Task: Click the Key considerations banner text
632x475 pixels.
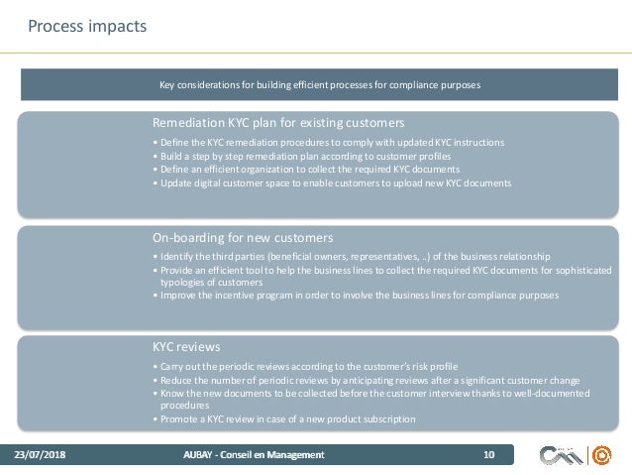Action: pyautogui.click(x=320, y=85)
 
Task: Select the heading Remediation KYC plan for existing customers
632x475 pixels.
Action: pyautogui.click(x=278, y=124)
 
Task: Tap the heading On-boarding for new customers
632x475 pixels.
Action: pyautogui.click(x=242, y=238)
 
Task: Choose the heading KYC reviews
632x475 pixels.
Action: pyautogui.click(x=186, y=347)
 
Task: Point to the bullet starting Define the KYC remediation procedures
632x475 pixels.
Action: pyautogui.click(x=328, y=143)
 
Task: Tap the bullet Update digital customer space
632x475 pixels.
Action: pyautogui.click(x=331, y=183)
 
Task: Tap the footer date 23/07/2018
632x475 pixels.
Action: pyautogui.click(x=39, y=455)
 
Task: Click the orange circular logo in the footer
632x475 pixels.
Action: pyautogui.click(x=601, y=455)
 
